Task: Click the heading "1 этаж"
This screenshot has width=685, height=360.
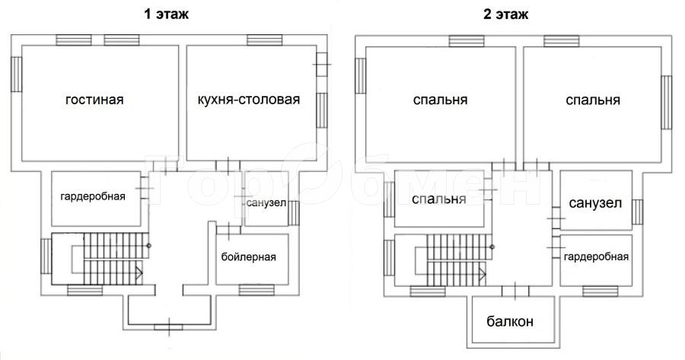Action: (x=167, y=14)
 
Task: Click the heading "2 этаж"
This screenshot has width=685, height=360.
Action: (x=505, y=14)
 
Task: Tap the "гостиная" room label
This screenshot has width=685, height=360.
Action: (x=94, y=100)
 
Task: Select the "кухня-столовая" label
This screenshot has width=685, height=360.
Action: (x=249, y=100)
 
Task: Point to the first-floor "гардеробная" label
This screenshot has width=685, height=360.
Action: (x=93, y=196)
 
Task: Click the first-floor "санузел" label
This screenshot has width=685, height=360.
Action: (x=266, y=203)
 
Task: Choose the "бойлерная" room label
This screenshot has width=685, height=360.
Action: (x=249, y=257)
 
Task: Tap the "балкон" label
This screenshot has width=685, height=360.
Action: (x=510, y=321)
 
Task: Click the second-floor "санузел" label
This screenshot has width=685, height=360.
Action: (x=595, y=203)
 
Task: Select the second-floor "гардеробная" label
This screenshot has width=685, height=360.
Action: (x=596, y=257)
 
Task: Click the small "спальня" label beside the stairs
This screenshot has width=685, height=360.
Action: (x=438, y=199)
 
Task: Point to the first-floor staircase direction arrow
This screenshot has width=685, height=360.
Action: (x=139, y=273)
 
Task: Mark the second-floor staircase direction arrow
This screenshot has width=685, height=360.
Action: (x=483, y=274)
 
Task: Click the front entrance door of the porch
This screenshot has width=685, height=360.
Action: (x=169, y=327)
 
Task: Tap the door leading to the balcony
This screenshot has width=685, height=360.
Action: (x=515, y=292)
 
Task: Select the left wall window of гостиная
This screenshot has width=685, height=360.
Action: (x=16, y=75)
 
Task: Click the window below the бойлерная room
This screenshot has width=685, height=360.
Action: (x=256, y=290)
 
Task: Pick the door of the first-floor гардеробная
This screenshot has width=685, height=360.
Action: (x=145, y=188)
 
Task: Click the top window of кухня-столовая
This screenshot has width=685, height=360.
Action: (x=264, y=40)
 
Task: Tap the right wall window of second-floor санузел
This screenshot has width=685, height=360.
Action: (x=637, y=212)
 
